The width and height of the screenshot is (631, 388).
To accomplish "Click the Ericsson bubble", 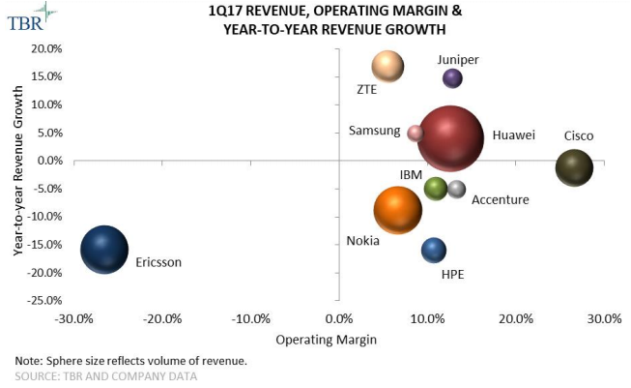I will point(103,250).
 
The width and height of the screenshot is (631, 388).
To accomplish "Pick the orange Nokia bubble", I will point(398,209).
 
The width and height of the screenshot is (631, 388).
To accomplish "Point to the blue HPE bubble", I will point(434,250).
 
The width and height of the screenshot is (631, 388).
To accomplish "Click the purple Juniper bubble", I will point(452,78).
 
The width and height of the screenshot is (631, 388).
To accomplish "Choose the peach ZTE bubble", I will point(387,67).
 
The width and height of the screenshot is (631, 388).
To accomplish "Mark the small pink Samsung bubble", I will point(416,133).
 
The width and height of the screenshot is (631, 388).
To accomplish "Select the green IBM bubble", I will point(436,188).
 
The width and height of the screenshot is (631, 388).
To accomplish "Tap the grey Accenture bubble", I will point(457,189).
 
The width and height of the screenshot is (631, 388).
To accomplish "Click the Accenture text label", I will point(501,200).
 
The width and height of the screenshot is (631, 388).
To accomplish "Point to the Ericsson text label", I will point(158,262).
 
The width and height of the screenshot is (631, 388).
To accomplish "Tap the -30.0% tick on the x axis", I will point(73,319).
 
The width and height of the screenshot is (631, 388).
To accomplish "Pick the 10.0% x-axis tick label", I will point(428,319).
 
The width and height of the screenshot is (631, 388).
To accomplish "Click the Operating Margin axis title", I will point(326,340).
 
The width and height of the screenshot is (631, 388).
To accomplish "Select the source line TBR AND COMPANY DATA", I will point(106,374).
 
